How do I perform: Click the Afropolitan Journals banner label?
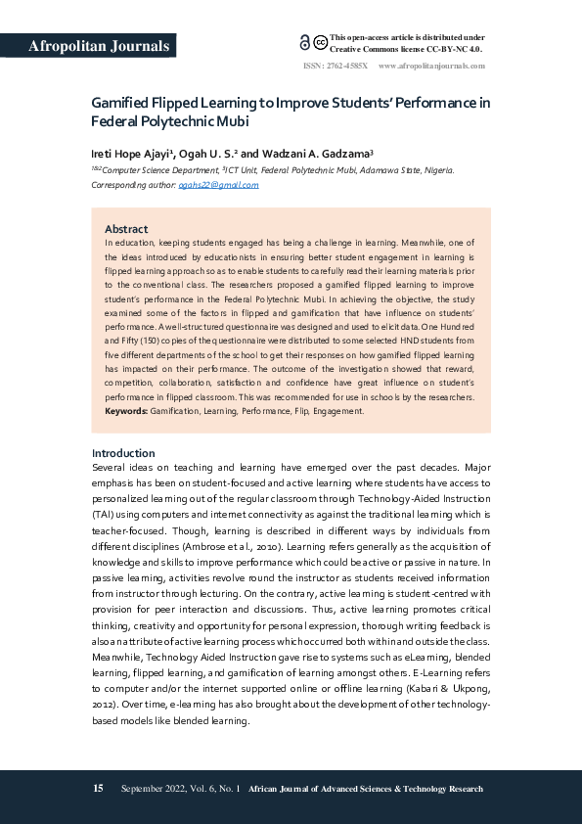(x=100, y=46)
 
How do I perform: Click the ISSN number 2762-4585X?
(x=348, y=66)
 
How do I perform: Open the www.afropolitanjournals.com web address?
(x=431, y=66)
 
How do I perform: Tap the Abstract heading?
(x=126, y=229)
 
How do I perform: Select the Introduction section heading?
(x=123, y=453)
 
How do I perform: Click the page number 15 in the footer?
(x=98, y=789)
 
